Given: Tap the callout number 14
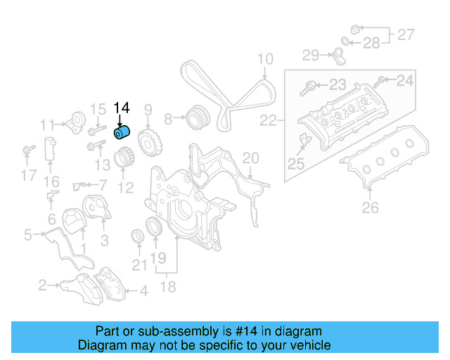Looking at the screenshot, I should coord(122,108).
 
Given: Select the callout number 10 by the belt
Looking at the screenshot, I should coord(264,59).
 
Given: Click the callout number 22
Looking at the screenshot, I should coord(268,121).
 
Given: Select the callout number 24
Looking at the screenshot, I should coord(405,81).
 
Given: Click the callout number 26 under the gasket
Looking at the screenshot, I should coord(370,207).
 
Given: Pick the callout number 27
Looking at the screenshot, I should coord(406,34).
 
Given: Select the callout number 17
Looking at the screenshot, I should coord(27,175).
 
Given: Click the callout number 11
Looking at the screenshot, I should coord(47,125).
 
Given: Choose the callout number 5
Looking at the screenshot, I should coord(27,235).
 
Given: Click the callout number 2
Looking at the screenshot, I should coord(43,285).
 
